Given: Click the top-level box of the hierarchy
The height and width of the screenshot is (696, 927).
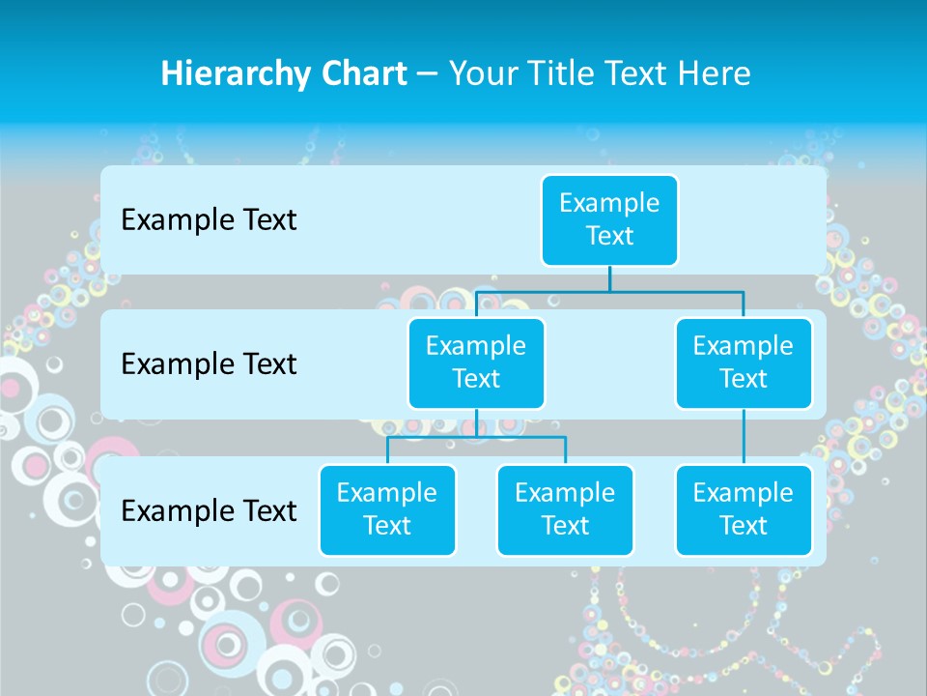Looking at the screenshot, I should tap(609, 220).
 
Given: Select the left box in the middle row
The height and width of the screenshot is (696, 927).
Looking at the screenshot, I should tap(476, 363).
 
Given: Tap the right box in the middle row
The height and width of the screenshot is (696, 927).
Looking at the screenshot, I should tap(744, 363).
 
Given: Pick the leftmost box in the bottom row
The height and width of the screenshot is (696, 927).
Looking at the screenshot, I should tap(387, 510).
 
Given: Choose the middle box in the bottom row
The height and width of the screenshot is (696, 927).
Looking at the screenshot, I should tap(565, 510).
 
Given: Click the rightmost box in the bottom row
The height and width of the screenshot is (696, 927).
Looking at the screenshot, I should tap(744, 510).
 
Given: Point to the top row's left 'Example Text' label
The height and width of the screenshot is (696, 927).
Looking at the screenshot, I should tap(209, 220).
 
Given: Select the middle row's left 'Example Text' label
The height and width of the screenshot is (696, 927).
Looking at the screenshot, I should tap(209, 364).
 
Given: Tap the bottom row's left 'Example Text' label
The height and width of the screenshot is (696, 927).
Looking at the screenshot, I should tap(209, 510).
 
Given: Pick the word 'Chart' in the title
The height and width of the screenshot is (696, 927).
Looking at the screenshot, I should tap(359, 73).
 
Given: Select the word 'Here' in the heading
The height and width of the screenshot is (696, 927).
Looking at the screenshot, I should tap(715, 73).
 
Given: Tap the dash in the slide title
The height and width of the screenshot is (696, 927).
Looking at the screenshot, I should tap(429, 74).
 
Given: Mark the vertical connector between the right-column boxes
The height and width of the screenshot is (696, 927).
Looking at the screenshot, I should tap(744, 437).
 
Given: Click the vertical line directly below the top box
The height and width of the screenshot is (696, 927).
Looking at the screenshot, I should tap(609, 278).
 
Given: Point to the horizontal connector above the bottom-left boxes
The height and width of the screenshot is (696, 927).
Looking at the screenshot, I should tap(476, 437).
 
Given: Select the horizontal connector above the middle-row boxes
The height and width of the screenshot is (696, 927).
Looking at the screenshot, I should tap(609, 290).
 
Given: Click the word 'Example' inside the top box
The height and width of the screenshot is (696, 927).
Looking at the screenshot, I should tap(609, 204).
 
